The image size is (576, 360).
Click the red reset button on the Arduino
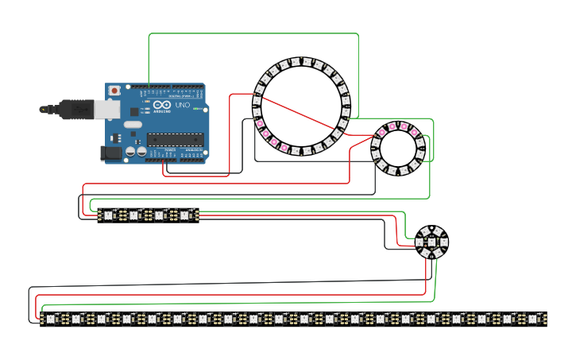pos(115,91)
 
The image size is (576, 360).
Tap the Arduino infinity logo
pos(161,105)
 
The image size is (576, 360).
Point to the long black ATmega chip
pos(175,140)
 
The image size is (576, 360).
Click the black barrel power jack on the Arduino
pos(111,153)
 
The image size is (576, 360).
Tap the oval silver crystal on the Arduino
pos(132,124)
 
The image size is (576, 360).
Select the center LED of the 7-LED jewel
pos(431,242)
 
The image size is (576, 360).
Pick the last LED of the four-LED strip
pos(185,215)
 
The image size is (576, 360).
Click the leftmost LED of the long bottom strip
pos(51,319)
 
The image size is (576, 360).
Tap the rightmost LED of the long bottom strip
pos(534,319)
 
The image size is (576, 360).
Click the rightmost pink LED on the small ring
pos(415,131)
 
